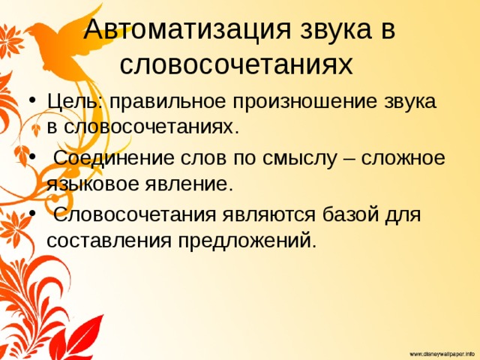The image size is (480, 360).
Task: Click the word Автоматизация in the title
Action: (187, 30)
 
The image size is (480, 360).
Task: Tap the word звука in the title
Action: (336, 30)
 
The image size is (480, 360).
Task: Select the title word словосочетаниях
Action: (236, 65)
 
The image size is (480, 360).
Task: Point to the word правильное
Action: (167, 102)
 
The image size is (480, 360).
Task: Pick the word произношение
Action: (304, 102)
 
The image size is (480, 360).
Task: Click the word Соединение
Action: (115, 158)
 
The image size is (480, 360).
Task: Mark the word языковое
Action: (93, 185)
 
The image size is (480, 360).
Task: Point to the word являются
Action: (268, 215)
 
